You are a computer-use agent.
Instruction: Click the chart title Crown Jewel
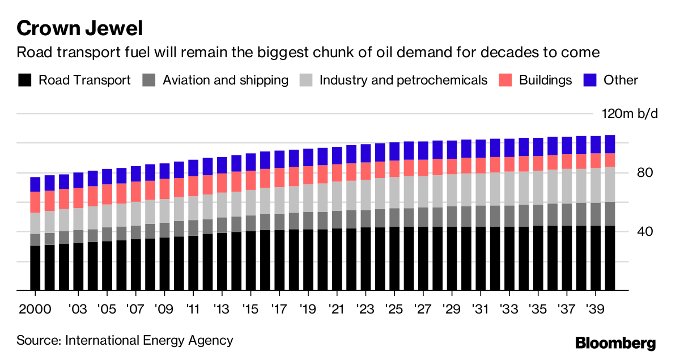click(x=79, y=28)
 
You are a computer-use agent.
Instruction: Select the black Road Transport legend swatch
click(x=25, y=80)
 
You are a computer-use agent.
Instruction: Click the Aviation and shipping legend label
click(x=225, y=80)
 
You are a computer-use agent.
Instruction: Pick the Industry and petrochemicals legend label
click(x=403, y=80)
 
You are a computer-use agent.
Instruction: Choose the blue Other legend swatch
click(x=590, y=80)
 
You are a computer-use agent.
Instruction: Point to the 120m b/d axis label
click(x=630, y=114)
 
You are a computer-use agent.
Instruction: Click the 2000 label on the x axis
click(x=35, y=311)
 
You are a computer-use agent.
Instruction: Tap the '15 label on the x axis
click(x=250, y=311)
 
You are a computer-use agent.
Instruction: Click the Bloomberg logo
click(x=615, y=343)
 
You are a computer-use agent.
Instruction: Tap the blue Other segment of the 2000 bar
click(x=35, y=184)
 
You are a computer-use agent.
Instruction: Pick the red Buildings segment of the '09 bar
click(x=164, y=189)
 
